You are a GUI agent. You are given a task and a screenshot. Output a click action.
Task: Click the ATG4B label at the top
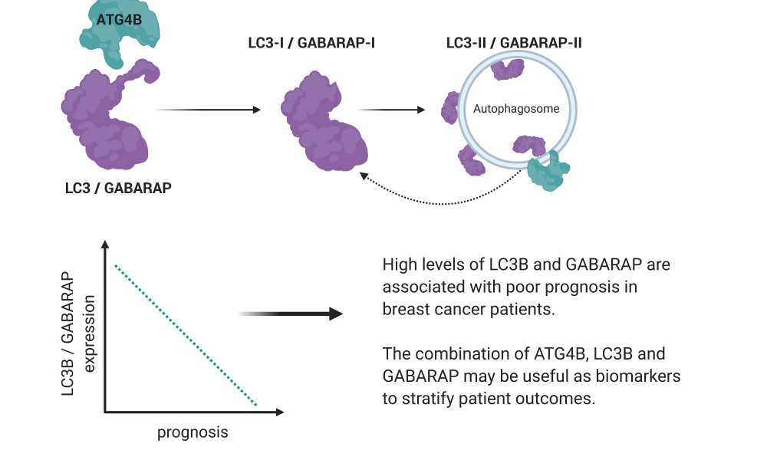coord(119,20)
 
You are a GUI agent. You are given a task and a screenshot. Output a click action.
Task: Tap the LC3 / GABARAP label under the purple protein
coord(118,188)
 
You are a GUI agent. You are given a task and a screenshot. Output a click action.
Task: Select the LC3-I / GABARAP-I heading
coord(311,43)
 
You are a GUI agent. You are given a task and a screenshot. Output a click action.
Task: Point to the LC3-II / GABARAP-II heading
coord(514,43)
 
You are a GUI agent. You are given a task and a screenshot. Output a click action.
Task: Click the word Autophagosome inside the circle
coord(516,109)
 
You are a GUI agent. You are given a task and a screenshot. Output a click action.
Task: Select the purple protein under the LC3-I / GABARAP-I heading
coord(324,121)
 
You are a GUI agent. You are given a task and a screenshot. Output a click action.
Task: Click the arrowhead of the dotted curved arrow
coord(364,176)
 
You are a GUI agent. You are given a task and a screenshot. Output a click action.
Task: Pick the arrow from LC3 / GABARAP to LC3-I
coord(208,110)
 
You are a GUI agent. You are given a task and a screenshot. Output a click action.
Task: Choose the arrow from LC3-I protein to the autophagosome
coord(391,110)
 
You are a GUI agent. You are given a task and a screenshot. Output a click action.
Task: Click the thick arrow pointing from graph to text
coord(290,314)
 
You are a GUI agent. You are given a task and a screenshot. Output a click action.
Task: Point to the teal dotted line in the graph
coord(186,335)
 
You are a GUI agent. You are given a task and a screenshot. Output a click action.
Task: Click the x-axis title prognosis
coord(193,432)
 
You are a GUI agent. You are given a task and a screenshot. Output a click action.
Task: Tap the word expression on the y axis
coord(88,333)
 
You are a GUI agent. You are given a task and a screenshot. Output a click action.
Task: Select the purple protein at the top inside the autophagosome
coord(507,70)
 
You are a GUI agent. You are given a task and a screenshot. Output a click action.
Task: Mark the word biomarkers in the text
coord(638,376)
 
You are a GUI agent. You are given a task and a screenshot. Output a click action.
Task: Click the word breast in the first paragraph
coord(404,309)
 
